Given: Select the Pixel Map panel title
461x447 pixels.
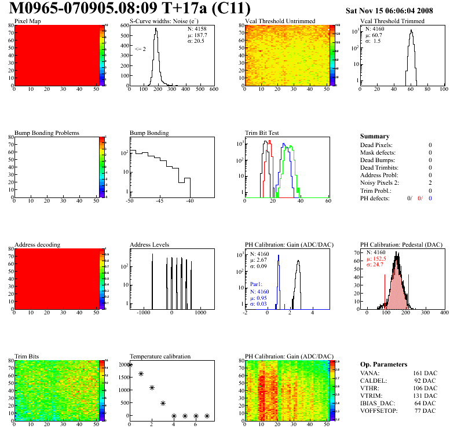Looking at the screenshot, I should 27,21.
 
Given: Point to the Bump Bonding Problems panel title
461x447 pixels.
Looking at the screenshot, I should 46,133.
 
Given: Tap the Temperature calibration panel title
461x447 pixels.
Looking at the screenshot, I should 160,356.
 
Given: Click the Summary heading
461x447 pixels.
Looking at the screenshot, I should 375,136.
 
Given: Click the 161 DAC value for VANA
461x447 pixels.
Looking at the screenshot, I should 423,373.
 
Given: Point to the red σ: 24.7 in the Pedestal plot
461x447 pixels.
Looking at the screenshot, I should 375,265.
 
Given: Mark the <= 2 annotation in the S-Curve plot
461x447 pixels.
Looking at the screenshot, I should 140,49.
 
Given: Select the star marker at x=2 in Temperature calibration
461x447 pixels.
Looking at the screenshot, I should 152,387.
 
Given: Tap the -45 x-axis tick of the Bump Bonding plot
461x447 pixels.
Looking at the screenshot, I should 159,201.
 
